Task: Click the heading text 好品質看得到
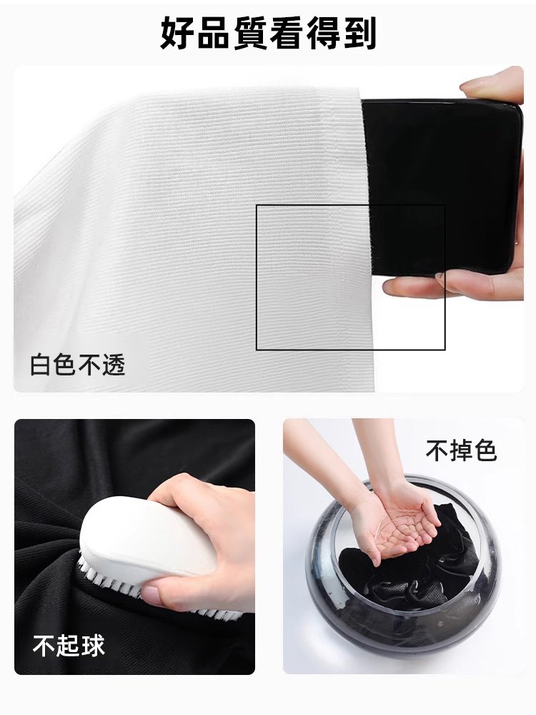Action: (268, 34)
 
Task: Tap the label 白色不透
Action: (78, 365)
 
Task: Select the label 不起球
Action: (69, 646)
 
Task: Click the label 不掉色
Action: (460, 451)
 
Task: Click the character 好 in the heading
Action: (178, 34)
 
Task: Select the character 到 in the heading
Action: (359, 34)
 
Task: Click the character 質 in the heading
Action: (250, 34)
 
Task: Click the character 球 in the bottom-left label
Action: (92, 646)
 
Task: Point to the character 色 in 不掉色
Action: (485, 451)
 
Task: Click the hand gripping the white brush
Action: (207, 522)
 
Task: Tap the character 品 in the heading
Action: (214, 34)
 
